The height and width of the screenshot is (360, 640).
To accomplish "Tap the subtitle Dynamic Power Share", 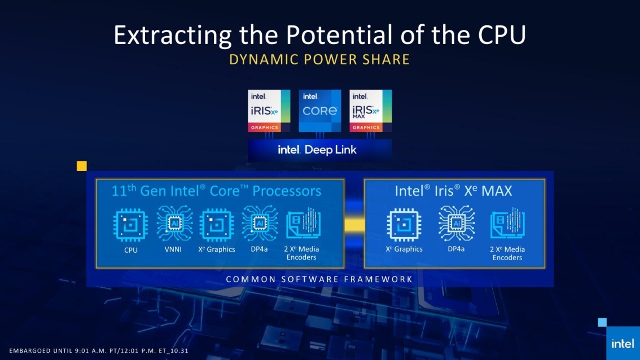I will (319, 60).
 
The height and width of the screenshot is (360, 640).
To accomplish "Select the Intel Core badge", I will (319, 110).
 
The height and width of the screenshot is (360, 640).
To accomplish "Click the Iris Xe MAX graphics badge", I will (371, 110).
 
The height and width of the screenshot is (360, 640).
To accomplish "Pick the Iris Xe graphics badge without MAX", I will (269, 110).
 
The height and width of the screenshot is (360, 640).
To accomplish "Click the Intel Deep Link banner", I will (320, 150).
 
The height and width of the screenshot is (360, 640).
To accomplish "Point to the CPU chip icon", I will (131, 226).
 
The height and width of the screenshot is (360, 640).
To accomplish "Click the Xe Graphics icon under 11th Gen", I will (217, 226).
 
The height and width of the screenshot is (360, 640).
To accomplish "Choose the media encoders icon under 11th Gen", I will (304, 225).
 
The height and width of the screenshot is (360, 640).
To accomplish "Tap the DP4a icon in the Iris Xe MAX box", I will (456, 225).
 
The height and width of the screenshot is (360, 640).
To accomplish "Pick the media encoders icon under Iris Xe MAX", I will (507, 225).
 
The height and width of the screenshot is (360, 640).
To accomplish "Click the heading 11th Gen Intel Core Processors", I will (216, 191).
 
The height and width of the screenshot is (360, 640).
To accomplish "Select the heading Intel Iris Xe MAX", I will (453, 191).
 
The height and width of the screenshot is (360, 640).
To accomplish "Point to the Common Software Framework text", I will (319, 279).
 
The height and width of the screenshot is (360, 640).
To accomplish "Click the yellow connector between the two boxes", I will (354, 225).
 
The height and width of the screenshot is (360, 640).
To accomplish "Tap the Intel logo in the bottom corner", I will (623, 343).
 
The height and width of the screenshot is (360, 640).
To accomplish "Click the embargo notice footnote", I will (98, 350).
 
